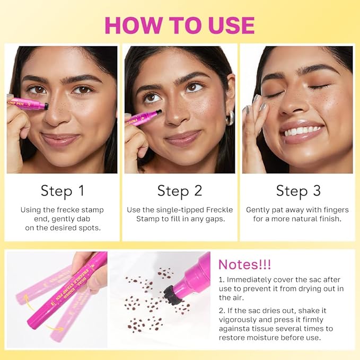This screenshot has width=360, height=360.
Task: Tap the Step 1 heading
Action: tap(63, 191)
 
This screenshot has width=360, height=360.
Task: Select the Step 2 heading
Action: tap(180, 191)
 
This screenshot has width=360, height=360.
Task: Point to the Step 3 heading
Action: tap(298, 191)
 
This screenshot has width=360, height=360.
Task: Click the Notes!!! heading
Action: tap(245, 265)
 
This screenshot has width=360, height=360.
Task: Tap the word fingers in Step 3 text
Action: tap(336, 210)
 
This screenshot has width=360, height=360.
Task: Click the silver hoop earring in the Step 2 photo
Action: tap(229, 118)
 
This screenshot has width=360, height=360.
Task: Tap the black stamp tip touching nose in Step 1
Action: tap(46, 106)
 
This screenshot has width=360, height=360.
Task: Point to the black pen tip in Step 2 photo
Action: tap(159, 112)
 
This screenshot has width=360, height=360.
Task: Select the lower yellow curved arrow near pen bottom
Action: tap(55, 328)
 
